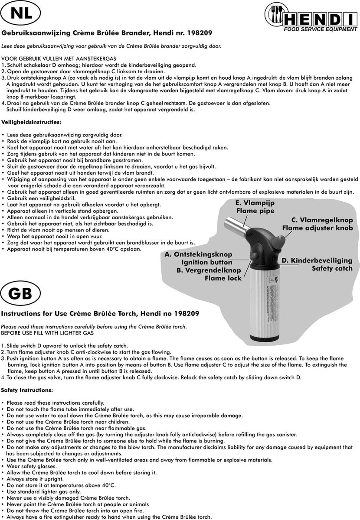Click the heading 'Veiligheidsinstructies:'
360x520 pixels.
point(32,122)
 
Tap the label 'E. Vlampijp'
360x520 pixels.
point(255,203)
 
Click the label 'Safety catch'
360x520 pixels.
point(332,269)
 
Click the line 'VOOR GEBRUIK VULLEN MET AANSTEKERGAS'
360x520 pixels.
point(59,59)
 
